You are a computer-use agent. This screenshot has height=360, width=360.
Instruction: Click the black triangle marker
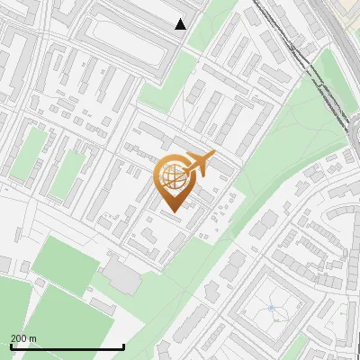(181, 24)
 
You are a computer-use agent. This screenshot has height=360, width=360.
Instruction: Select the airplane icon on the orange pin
(200, 162)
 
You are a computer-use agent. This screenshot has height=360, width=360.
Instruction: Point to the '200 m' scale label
(23, 338)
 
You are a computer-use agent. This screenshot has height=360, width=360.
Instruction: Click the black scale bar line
(67, 347)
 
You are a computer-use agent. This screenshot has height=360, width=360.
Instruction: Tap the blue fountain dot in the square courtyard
(271, 309)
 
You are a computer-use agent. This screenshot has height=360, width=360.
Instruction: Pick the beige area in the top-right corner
(346, 11)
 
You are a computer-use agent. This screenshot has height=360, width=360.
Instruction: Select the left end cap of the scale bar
(11, 347)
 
